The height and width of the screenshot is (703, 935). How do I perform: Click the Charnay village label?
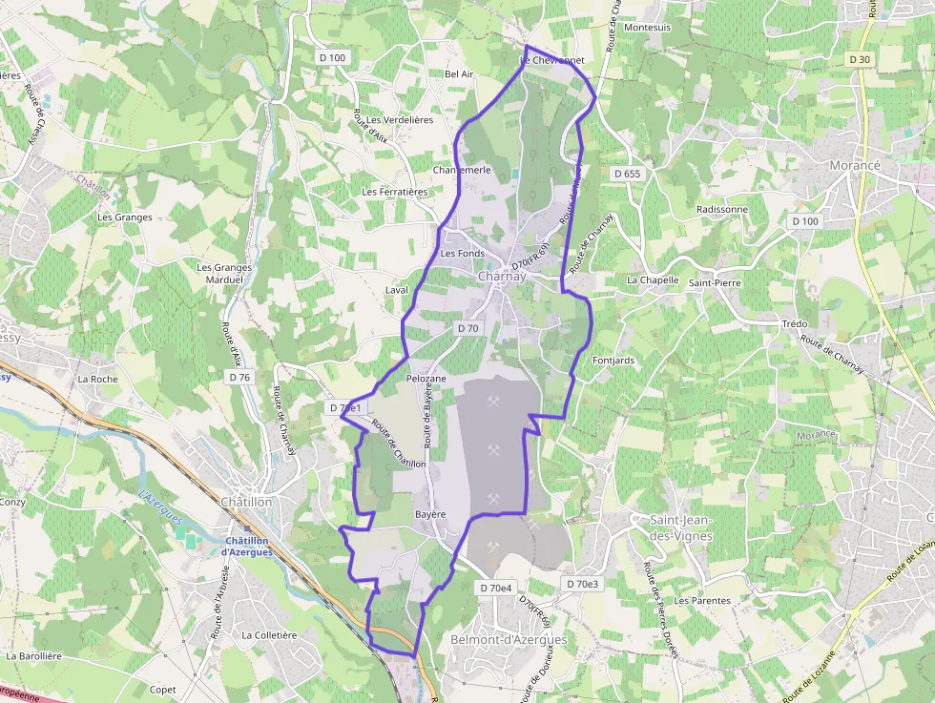[502, 277]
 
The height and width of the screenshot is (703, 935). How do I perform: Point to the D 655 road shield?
[627, 174]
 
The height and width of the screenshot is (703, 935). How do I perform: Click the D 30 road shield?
[859, 59]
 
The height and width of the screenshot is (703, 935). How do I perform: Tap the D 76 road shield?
[239, 377]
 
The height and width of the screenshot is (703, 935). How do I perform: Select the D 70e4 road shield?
[495, 588]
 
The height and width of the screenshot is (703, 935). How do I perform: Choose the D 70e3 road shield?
[581, 584]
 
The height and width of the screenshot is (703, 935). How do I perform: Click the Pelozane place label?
[426, 379]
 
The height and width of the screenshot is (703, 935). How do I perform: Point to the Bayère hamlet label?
[430, 514]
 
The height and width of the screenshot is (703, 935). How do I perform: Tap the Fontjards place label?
[613, 361]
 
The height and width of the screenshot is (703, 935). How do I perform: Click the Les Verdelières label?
[400, 120]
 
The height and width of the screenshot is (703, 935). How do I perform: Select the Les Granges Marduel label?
[223, 274]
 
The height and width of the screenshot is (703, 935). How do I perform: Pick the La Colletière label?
[269, 634]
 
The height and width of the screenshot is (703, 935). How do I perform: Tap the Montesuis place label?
[647, 28]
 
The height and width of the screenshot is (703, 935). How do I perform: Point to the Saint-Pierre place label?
[715, 283]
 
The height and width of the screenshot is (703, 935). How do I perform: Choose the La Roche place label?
[97, 379]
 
